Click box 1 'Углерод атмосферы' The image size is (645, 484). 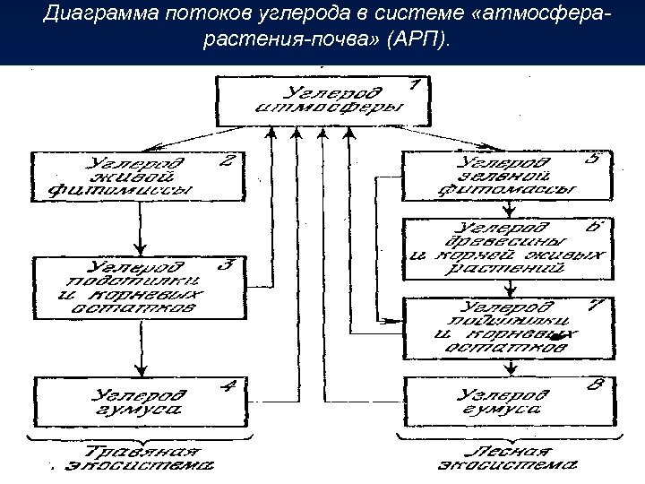[323, 100]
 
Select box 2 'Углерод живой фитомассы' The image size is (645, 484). [138, 177]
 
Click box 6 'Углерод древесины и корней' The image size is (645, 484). [505, 246]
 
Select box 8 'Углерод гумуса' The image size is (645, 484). [505, 400]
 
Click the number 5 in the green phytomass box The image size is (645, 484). [592, 160]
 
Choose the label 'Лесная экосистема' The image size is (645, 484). [507, 458]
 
